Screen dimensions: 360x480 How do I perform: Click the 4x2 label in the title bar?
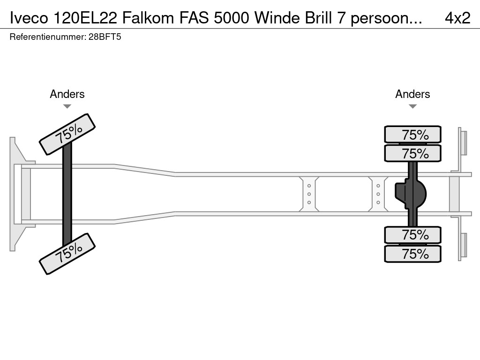tap(457, 17)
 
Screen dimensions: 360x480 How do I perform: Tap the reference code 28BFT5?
tap(105, 37)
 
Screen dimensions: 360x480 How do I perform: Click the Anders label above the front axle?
tap(67, 94)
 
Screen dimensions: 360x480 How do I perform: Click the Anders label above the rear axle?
tap(412, 94)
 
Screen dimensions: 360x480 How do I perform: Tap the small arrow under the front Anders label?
tap(67, 106)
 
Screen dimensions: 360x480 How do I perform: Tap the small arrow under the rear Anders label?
tap(412, 106)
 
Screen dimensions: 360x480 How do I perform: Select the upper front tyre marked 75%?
tap(67, 134)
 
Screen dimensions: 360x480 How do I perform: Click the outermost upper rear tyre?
tap(412, 135)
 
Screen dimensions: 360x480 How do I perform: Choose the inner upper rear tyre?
tap(412, 153)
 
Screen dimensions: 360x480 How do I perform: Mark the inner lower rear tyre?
tap(412, 234)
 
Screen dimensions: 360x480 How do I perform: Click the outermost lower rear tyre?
tap(412, 254)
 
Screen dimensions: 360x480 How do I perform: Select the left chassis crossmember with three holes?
tap(309, 194)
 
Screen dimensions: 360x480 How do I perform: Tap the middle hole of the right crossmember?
tap(378, 194)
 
